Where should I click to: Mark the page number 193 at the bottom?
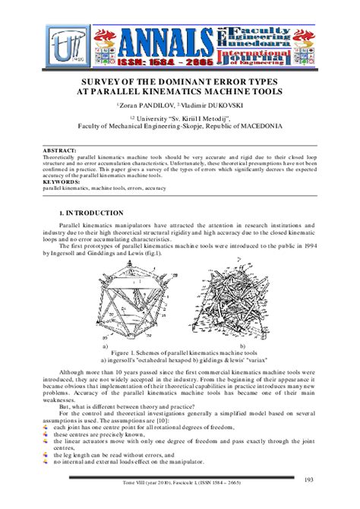pyautogui.click(x=309, y=479)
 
